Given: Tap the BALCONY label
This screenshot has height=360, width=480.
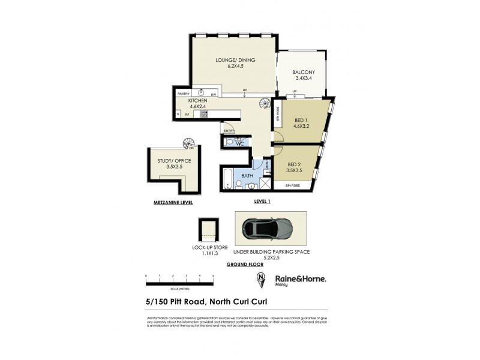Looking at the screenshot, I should click(x=304, y=73).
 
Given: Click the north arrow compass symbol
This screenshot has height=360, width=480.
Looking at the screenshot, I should click(x=260, y=280).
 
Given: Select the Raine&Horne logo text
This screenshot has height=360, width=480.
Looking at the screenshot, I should click(x=300, y=278).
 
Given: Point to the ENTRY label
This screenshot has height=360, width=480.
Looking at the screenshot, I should click(x=229, y=131).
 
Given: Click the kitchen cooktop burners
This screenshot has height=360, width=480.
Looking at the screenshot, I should click(x=204, y=113).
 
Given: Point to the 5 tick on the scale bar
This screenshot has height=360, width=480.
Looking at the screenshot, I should click(x=214, y=275).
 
